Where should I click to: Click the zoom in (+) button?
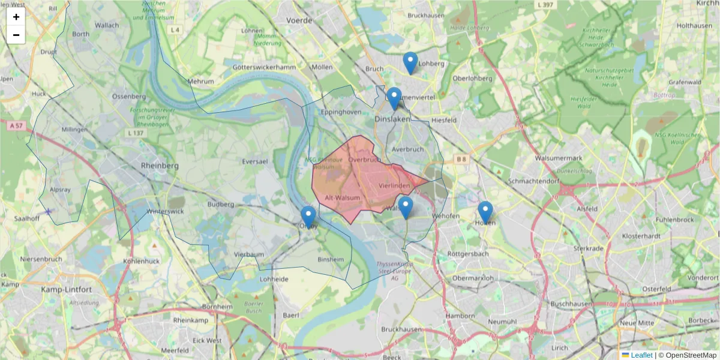tap(16, 17)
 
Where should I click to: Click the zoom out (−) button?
tap(16, 35)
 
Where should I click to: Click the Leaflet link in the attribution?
tap(641, 355)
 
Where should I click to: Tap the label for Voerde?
tap(300, 20)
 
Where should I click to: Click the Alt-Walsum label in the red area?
tap(342, 197)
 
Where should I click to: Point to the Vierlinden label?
tap(394, 186)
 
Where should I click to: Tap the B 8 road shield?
tap(461, 159)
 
